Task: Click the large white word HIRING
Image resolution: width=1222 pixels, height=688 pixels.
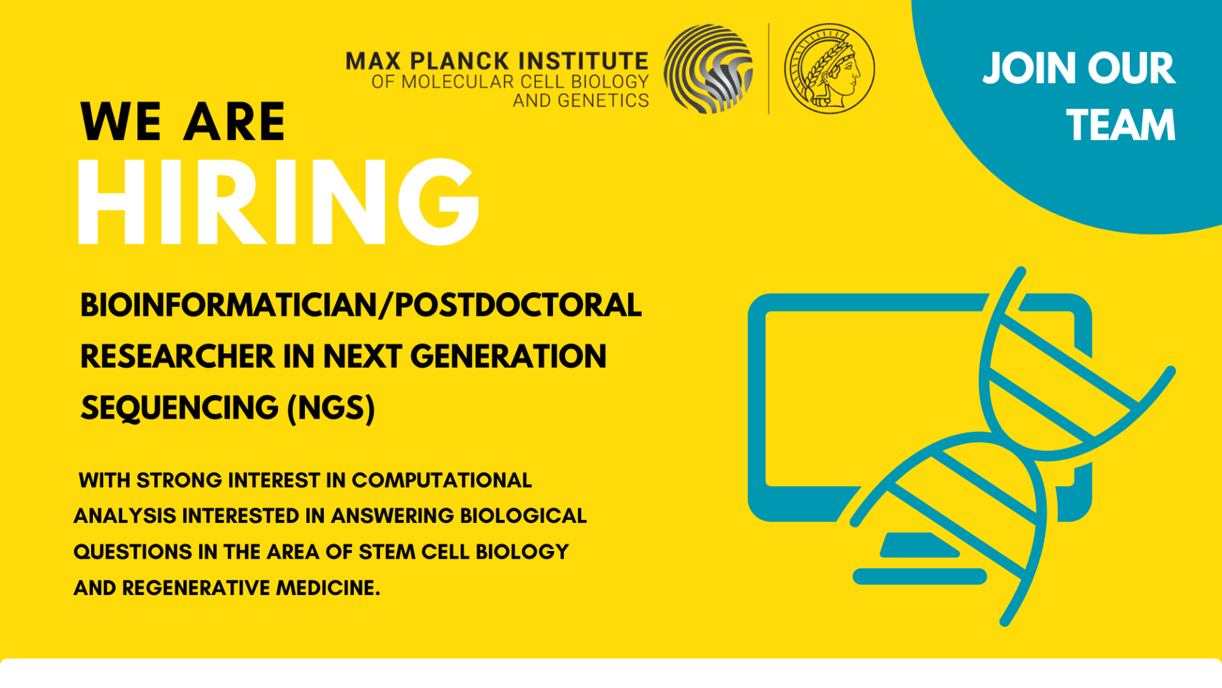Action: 278,202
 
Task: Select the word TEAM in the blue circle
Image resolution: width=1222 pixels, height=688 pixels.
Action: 1121,125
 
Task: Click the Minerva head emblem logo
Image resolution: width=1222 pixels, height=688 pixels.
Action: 829,69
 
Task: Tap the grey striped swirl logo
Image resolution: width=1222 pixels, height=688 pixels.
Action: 708,69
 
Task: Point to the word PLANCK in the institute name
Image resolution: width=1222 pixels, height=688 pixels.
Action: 460,61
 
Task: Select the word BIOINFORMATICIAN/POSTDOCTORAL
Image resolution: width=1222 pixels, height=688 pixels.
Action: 361,305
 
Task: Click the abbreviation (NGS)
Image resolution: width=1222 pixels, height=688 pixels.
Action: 331,408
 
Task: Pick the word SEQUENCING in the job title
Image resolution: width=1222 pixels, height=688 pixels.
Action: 179,408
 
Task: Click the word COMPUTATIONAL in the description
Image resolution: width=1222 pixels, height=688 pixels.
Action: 442,480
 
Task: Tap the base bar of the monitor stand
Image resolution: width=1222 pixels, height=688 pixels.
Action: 919,577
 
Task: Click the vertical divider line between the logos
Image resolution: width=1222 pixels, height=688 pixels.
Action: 769,69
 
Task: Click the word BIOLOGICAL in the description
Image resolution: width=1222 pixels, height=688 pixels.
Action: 523,515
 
